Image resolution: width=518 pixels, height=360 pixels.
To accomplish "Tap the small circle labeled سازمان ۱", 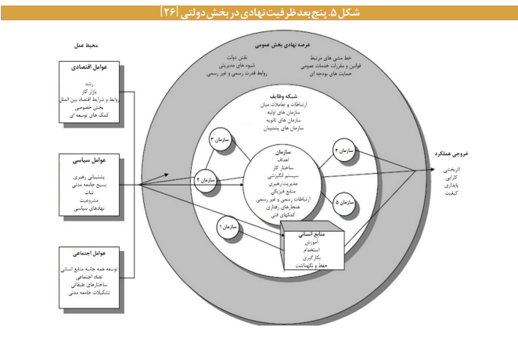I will coord(227,226).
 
